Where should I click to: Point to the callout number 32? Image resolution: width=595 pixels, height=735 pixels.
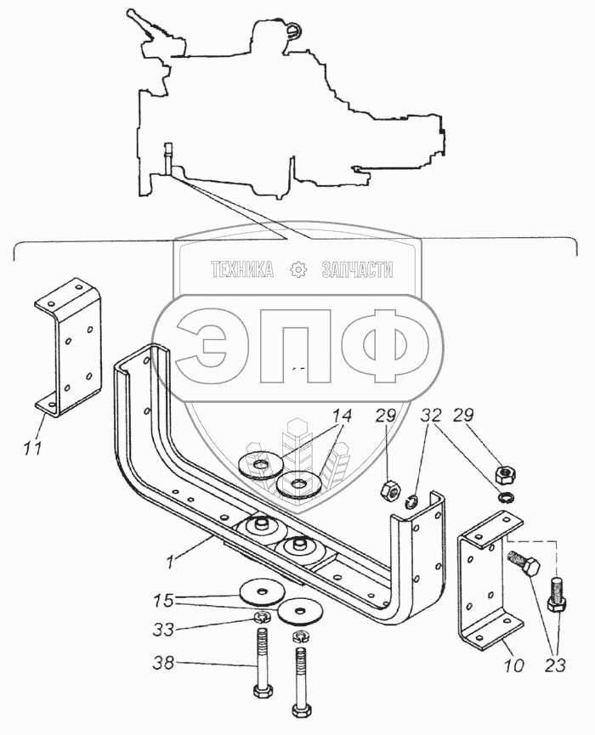pyautogui.click(x=431, y=416)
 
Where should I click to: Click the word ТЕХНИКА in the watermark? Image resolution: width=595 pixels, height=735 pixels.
pyautogui.click(x=242, y=270)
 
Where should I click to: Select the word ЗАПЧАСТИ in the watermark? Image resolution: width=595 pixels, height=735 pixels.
pyautogui.click(x=357, y=270)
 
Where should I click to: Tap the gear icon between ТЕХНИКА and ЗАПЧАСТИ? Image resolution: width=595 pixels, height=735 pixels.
pyautogui.click(x=298, y=270)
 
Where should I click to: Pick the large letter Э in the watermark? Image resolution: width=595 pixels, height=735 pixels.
pyautogui.click(x=203, y=345)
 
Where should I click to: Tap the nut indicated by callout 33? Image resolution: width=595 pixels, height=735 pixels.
pyautogui.click(x=263, y=616)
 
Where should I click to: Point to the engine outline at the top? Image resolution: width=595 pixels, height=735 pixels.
pyautogui.click(x=289, y=110)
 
